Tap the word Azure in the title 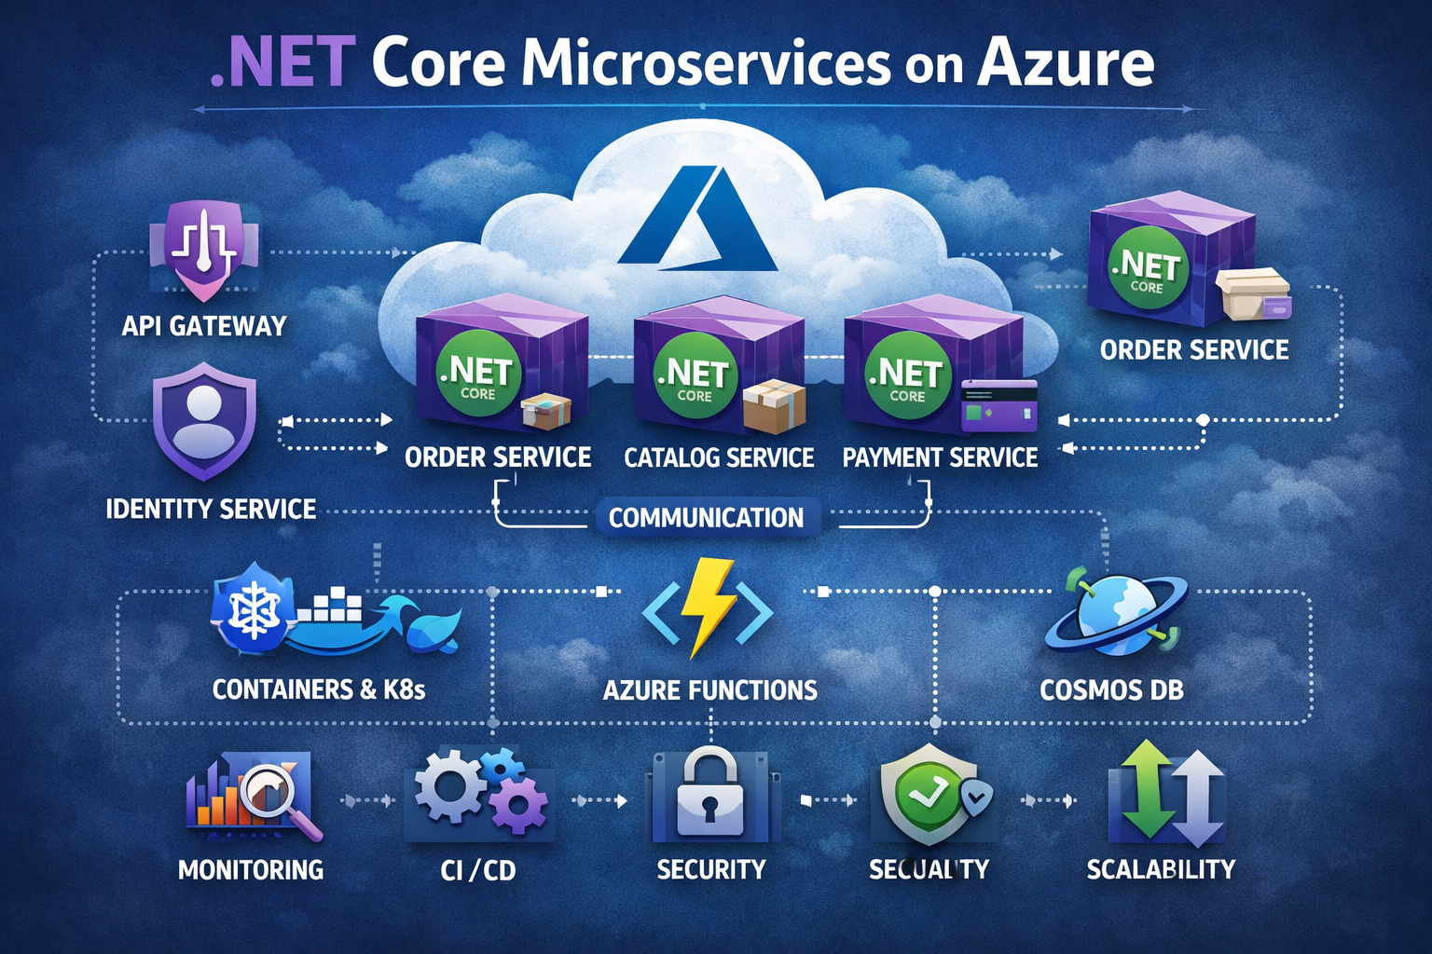pos(1066,63)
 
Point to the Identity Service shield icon pos(204,420)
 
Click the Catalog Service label pos(719,457)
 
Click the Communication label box pos(706,517)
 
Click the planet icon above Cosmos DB pos(1115,610)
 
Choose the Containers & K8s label pos(319,689)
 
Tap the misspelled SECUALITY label pos(929,869)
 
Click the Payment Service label pos(940,457)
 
